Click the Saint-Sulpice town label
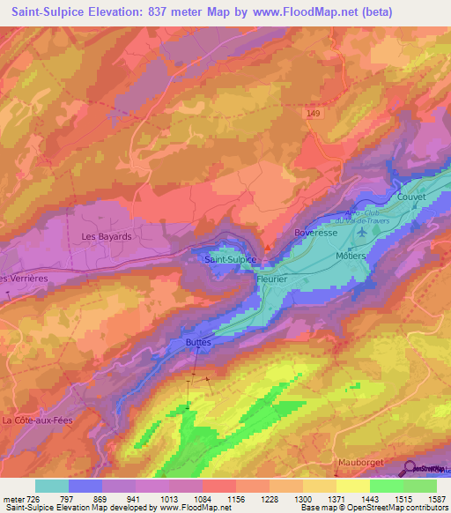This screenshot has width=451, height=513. pyautogui.click(x=230, y=260)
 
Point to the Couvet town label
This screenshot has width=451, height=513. pyautogui.click(x=411, y=197)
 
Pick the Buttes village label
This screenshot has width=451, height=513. pyautogui.click(x=198, y=339)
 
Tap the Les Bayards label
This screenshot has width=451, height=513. pyautogui.click(x=106, y=237)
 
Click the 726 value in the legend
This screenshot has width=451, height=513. pyautogui.click(x=33, y=499)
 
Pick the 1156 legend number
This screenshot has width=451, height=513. pyautogui.click(x=233, y=499)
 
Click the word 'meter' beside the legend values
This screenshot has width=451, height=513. pyautogui.click(x=12, y=499)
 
